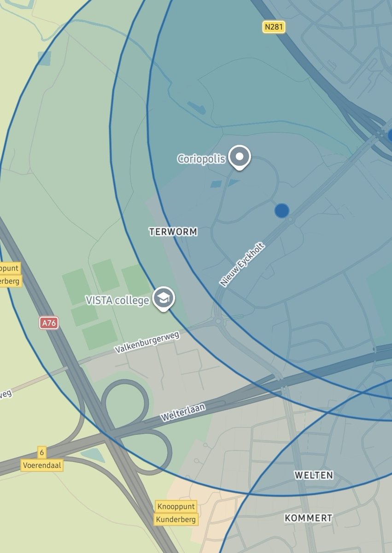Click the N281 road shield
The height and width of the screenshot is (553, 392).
tap(274, 27)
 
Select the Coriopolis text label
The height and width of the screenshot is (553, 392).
tap(201, 159)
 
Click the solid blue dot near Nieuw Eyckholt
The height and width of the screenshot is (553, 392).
tap(282, 211)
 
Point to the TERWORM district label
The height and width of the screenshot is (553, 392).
tap(173, 232)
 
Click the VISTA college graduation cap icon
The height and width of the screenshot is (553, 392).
tap(163, 298)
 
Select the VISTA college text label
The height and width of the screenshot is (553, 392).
tap(117, 300)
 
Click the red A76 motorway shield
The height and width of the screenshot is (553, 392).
tap(49, 323)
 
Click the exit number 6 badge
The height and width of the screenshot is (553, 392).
tap(42, 452)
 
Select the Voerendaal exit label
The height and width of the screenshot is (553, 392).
tap(42, 465)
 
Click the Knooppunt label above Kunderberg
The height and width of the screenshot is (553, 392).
tap(176, 506)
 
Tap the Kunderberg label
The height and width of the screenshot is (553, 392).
tap(176, 519)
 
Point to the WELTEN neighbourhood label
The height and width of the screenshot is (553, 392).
tap(314, 475)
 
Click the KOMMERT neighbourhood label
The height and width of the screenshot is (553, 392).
tap(308, 518)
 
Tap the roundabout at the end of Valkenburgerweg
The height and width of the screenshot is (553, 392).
tap(219, 321)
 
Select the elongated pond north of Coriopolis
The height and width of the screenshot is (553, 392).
tap(197, 108)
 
